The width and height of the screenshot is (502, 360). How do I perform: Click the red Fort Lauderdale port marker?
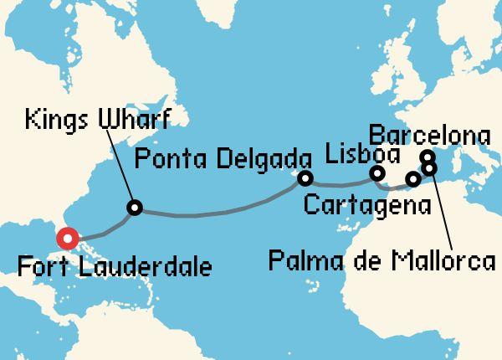click(66, 238)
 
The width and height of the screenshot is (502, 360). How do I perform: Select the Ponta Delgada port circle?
click(305, 178)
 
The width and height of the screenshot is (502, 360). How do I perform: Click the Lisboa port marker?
click(377, 174)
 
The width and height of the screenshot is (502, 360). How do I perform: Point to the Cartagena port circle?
click(412, 179)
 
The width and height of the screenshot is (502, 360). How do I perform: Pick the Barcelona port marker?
click(428, 157)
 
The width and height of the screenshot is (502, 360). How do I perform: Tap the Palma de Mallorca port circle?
click(430, 168)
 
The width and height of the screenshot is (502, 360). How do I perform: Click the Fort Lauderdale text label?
click(114, 268)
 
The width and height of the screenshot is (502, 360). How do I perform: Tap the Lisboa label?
click(363, 154)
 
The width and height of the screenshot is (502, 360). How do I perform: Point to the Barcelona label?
click(428, 135)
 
